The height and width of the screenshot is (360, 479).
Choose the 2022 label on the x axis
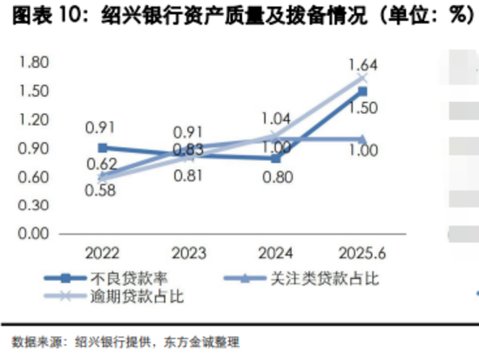(x=103, y=254)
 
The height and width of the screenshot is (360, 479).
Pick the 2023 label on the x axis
(x=189, y=254)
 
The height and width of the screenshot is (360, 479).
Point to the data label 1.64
(x=362, y=64)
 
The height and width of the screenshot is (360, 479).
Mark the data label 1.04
(x=276, y=119)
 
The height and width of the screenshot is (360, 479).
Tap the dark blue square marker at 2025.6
(x=362, y=91)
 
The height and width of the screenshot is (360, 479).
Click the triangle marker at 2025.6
(x=362, y=139)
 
